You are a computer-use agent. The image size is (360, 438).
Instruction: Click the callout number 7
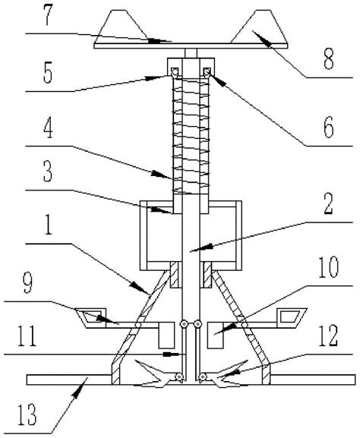coord(48,17)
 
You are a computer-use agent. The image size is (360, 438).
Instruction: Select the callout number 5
coord(48,74)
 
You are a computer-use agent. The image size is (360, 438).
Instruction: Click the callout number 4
coord(48,129)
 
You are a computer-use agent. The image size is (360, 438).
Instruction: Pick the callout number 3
coord(48,172)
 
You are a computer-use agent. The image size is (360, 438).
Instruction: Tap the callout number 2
coord(328,205)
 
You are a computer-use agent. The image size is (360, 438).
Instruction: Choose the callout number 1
coord(48,225)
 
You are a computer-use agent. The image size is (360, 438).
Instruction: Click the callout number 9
coord(27,283)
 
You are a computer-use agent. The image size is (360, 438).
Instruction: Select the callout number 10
coord(329,268)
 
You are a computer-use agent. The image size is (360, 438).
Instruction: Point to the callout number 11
coord(27,337)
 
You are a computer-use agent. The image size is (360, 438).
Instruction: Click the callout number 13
coord(27,414)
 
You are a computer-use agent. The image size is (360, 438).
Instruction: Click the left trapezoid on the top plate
coord(122,27)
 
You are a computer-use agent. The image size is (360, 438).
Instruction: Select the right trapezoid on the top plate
coord(260,27)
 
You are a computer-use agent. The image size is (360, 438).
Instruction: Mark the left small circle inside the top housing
coord(175,71)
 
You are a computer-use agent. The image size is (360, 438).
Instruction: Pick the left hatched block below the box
coord(174,275)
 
